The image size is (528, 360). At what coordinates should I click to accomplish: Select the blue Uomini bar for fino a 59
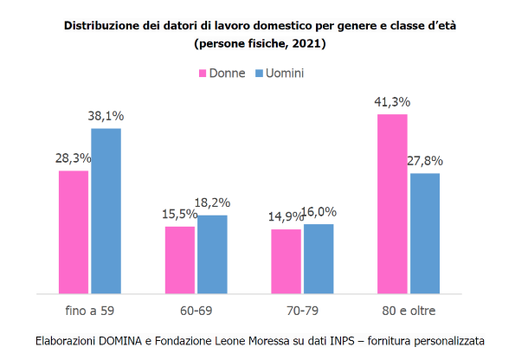pyautogui.click(x=106, y=211)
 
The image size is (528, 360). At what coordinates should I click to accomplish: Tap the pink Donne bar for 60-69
pyautogui.click(x=180, y=260)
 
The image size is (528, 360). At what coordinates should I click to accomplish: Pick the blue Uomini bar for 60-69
pyautogui.click(x=212, y=254)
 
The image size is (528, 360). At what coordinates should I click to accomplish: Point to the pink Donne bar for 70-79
pyautogui.click(x=287, y=260)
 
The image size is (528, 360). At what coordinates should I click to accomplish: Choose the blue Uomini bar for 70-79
pyautogui.click(x=319, y=259)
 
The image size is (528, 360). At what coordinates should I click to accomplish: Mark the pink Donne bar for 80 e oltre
pyautogui.click(x=392, y=204)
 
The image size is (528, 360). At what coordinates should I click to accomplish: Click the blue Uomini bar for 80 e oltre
pyautogui.click(x=425, y=234)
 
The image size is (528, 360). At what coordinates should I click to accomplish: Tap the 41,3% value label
pyautogui.click(x=392, y=102)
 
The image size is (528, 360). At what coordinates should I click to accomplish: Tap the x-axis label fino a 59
pyautogui.click(x=90, y=309)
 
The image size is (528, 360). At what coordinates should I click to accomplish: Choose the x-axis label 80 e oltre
pyautogui.click(x=409, y=309)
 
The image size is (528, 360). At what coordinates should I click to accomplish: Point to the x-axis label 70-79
pyautogui.click(x=302, y=309)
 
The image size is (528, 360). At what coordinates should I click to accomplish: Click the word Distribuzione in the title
pyautogui.click(x=100, y=26)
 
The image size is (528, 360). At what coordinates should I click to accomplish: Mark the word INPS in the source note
pyautogui.click(x=339, y=340)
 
